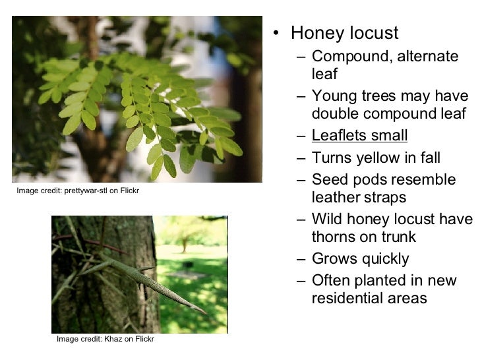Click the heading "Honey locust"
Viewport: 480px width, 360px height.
[x=344, y=33]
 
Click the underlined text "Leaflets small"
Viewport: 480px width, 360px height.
[x=359, y=136]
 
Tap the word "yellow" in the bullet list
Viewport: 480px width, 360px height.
[x=391, y=158]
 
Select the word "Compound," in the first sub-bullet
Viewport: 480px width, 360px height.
[x=348, y=56]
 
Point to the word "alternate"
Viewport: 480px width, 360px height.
[x=425, y=56]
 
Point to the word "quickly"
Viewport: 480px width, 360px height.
[x=383, y=259]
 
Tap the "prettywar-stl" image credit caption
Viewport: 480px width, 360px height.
[x=77, y=191]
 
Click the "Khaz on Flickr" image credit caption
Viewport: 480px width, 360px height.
[x=105, y=339]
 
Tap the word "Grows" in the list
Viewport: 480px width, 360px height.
[x=334, y=259]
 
